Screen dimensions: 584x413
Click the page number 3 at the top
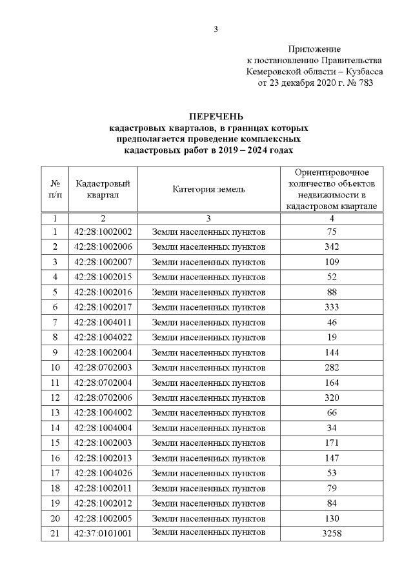click(216, 29)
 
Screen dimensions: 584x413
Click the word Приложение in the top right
click(314, 49)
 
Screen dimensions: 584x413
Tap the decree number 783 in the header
click(365, 83)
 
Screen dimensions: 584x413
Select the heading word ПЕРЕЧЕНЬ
click(216, 117)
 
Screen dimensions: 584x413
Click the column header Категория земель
click(208, 189)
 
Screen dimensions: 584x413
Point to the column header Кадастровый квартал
click(98, 189)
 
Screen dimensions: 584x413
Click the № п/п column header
click(55, 189)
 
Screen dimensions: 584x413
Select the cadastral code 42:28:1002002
click(103, 232)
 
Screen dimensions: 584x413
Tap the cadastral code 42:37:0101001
click(103, 533)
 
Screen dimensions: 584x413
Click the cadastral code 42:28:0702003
click(103, 368)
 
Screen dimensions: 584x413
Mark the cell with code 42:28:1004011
click(103, 322)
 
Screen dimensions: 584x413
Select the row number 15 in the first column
click(55, 443)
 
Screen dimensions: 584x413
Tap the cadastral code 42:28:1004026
click(103, 473)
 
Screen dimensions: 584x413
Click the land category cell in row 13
click(208, 412)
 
